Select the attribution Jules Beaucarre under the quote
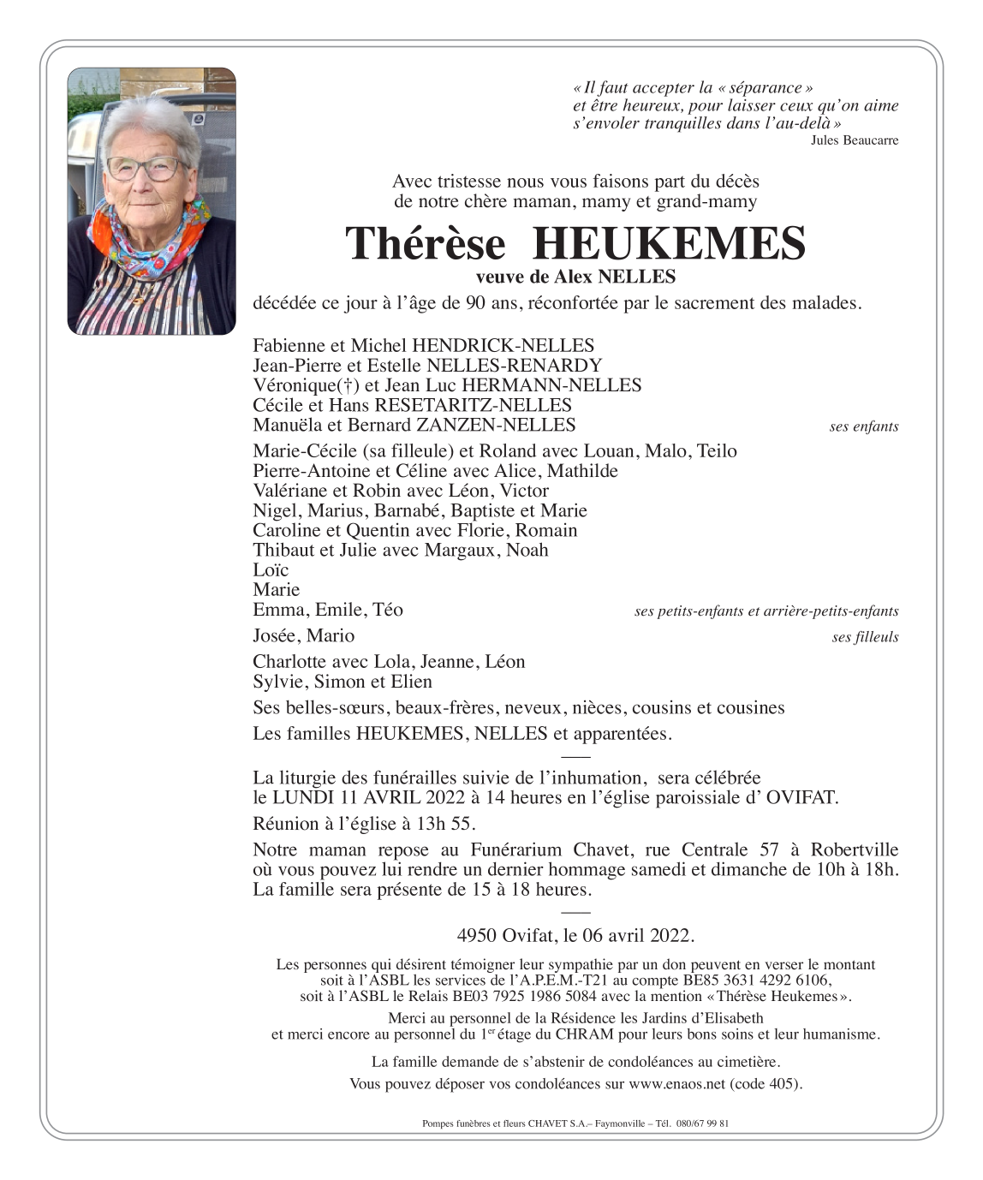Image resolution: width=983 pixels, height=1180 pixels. [854, 140]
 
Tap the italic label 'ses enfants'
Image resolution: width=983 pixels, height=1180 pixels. [863, 426]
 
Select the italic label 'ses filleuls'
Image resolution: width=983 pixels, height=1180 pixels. [865, 637]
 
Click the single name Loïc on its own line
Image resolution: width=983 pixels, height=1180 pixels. [271, 570]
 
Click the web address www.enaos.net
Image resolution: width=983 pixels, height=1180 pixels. [677, 1084]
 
